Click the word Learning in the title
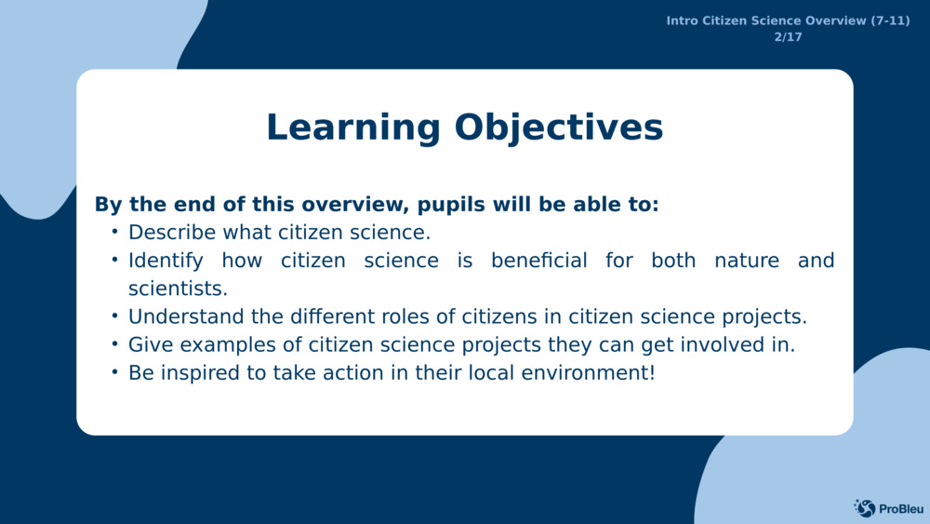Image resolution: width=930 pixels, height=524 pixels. click(x=352, y=128)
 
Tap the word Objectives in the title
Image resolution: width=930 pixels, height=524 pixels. click(x=559, y=128)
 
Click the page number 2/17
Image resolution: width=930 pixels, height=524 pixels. click(x=788, y=37)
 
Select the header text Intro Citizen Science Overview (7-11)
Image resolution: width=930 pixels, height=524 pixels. click(x=788, y=20)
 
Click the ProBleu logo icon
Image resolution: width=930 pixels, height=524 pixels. click(x=865, y=508)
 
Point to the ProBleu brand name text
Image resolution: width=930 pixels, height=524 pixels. click(x=901, y=509)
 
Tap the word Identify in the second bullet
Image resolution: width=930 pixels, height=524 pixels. click(x=166, y=262)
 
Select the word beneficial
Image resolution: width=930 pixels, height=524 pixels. click(x=539, y=261)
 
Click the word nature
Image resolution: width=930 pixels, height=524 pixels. click(x=747, y=262)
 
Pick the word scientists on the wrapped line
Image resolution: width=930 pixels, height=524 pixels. click(x=178, y=289)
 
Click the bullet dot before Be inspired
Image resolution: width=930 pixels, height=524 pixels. click(x=115, y=372)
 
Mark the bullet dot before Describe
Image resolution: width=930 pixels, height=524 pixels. click(x=115, y=232)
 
